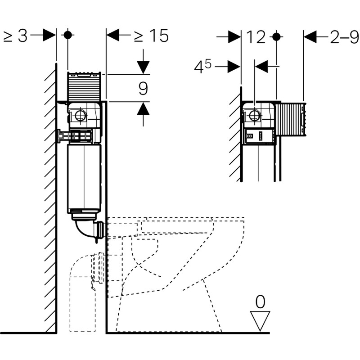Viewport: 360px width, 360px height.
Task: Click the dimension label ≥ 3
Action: pyautogui.click(x=15, y=36)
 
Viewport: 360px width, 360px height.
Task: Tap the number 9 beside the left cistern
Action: pyautogui.click(x=143, y=88)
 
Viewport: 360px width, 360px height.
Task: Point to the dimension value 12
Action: pyautogui.click(x=256, y=38)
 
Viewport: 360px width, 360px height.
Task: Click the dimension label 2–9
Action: pyautogui.click(x=344, y=37)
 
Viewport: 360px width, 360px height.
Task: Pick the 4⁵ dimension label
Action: pyautogui.click(x=202, y=67)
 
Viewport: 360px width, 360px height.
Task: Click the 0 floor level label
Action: pyautogui.click(x=260, y=302)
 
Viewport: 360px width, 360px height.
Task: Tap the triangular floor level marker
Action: pyautogui.click(x=260, y=320)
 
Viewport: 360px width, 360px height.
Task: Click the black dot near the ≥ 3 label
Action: pyautogui.click(x=67, y=35)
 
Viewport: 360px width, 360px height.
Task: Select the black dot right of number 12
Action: pyautogui.click(x=277, y=36)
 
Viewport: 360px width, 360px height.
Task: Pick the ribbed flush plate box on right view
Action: pyautogui.click(x=291, y=119)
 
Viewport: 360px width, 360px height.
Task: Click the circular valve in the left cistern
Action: pyautogui.click(x=81, y=115)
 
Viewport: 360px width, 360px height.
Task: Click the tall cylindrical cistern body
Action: pyautogui.click(x=84, y=178)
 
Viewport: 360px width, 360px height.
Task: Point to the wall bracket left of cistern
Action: pyautogui.click(x=63, y=135)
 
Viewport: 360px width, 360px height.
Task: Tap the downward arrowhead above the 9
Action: pyautogui.click(x=143, y=67)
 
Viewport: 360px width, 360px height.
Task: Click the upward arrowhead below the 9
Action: pyautogui.click(x=143, y=108)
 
